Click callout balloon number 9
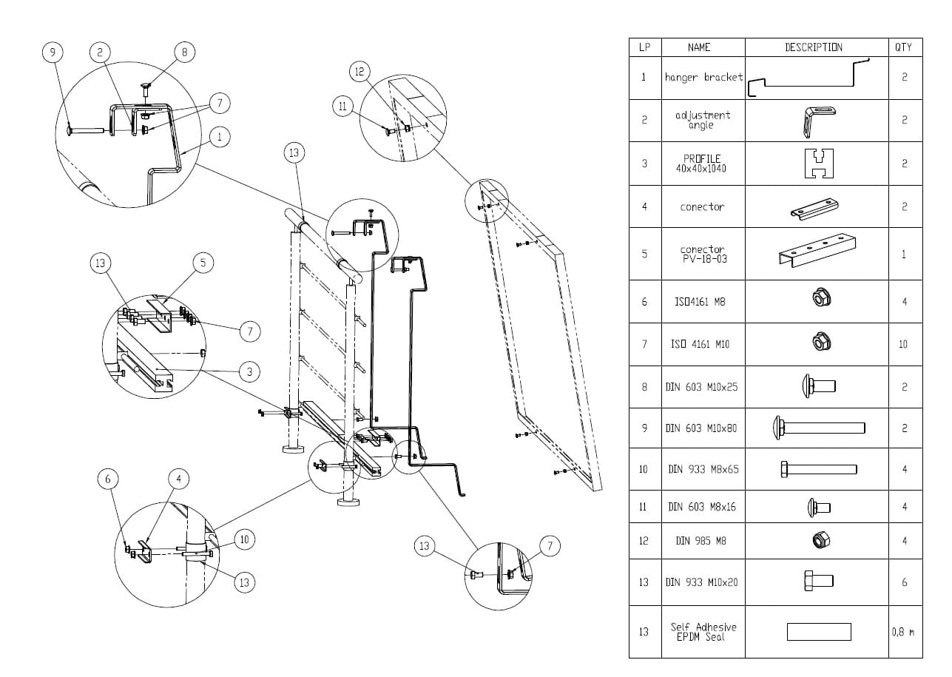(x=52, y=52)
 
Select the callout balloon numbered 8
(x=185, y=52)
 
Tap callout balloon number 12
(x=359, y=72)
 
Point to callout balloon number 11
(x=342, y=107)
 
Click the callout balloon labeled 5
(x=203, y=262)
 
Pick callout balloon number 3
(x=249, y=371)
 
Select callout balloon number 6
(x=108, y=479)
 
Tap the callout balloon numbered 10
(x=245, y=539)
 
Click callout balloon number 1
(x=220, y=136)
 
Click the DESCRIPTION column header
(x=814, y=47)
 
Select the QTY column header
(x=903, y=47)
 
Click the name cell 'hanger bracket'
(x=703, y=77)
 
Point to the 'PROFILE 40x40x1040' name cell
(x=701, y=164)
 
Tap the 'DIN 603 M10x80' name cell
(x=701, y=428)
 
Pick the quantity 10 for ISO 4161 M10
(x=903, y=344)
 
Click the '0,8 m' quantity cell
(x=903, y=632)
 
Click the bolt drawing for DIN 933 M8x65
(x=818, y=468)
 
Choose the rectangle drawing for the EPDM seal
(x=818, y=632)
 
